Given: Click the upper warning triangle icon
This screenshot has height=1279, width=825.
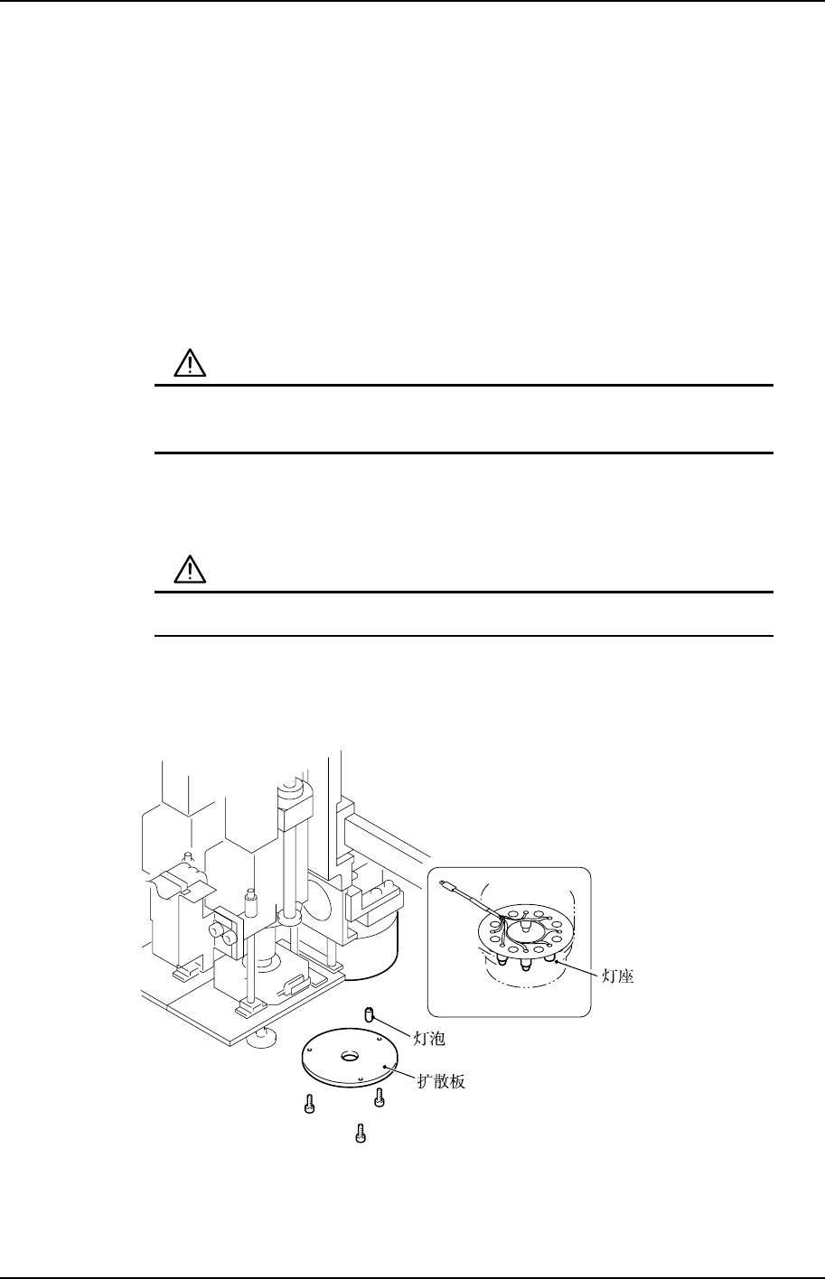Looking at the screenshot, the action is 190,364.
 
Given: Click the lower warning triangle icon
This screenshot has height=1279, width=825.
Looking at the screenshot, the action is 190,570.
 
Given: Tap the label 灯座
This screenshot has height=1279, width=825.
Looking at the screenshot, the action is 617,976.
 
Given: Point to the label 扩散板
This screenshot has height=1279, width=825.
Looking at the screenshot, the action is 442,1080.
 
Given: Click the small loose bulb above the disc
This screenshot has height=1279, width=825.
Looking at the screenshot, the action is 369,1016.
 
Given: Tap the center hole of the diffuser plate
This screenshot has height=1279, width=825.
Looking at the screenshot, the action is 350,1056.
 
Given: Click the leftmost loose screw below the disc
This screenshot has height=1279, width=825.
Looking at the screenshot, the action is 309,1104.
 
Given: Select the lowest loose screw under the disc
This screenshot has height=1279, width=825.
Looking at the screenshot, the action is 361,1131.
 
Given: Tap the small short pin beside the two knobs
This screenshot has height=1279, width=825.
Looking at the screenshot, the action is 249,902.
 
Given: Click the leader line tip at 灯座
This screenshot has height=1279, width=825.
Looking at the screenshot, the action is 561,966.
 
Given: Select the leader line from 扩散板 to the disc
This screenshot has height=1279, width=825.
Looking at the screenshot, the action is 401,1073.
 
